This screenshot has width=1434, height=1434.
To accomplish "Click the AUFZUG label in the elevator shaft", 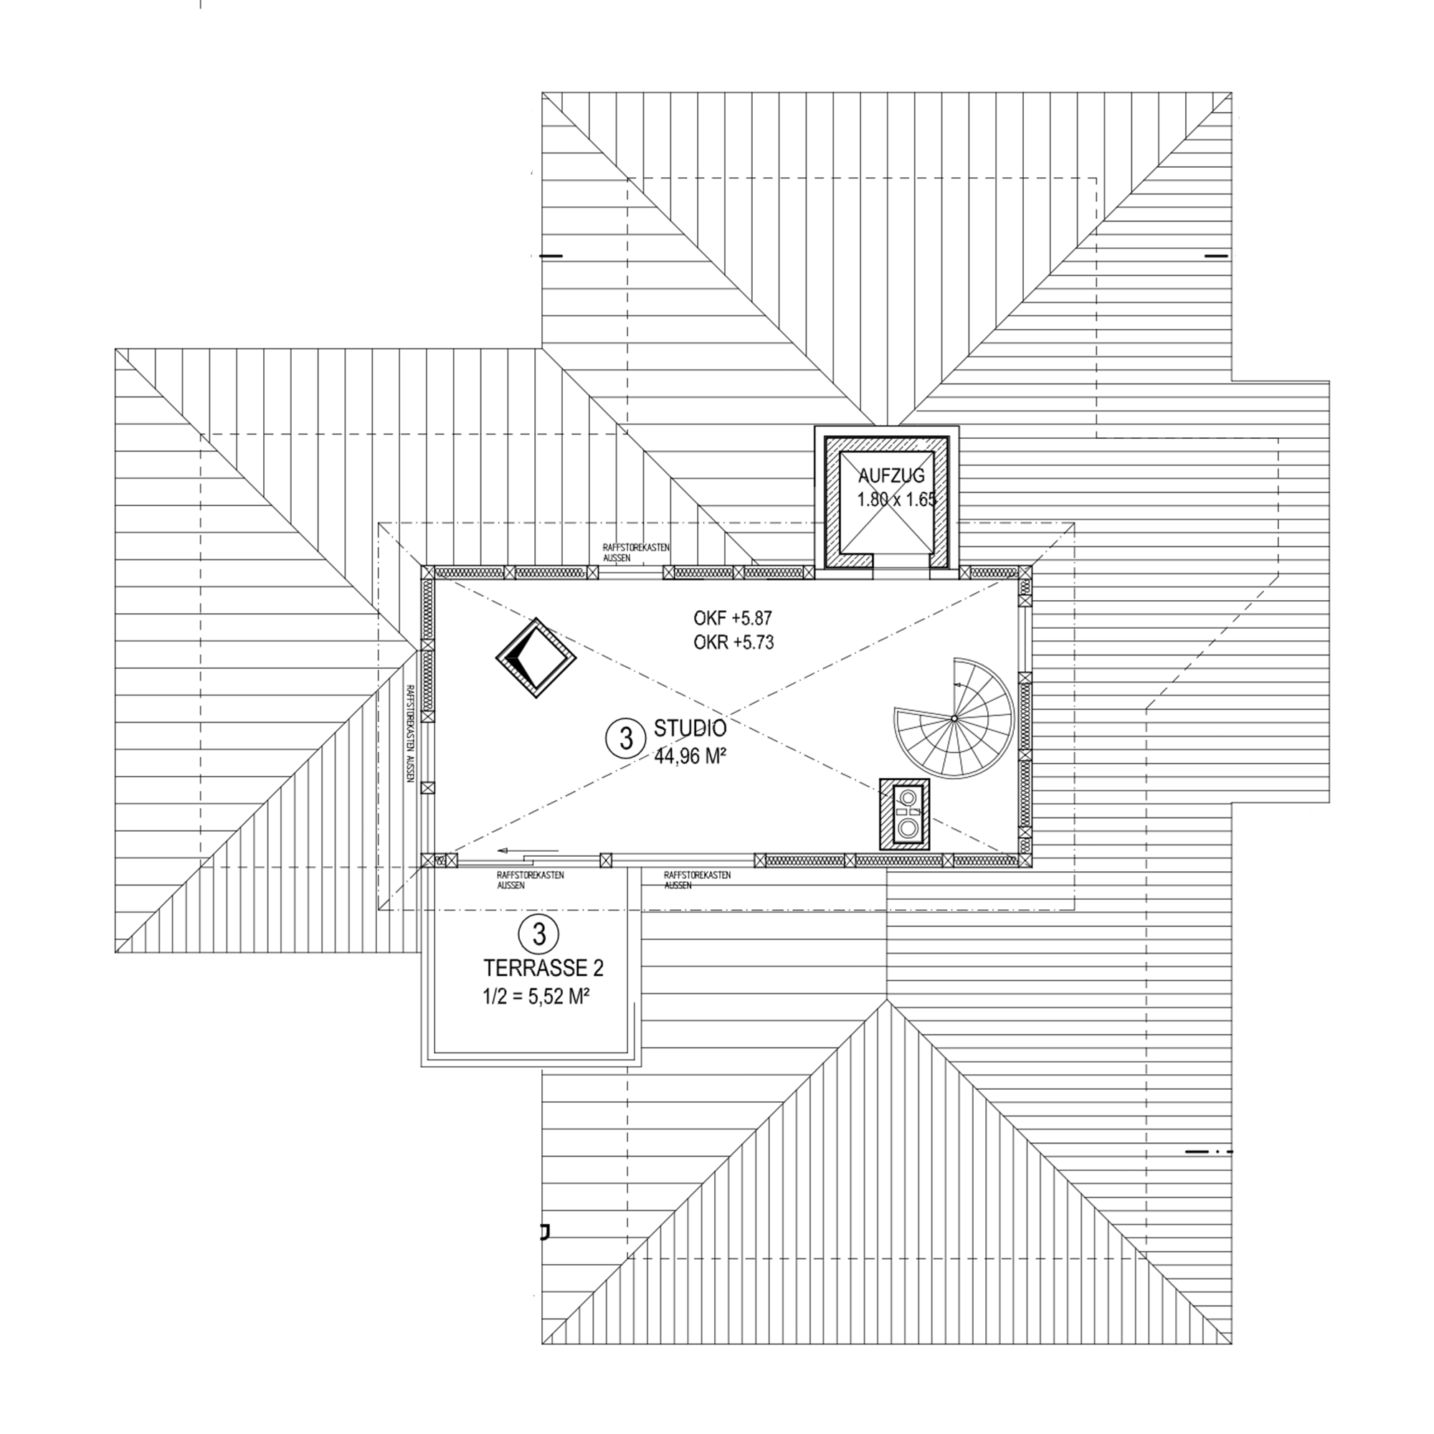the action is (891, 476).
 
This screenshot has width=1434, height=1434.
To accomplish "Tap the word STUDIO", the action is (690, 726).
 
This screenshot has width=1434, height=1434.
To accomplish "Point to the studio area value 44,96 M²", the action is (690, 756).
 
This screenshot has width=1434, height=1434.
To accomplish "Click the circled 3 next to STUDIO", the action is (626, 739).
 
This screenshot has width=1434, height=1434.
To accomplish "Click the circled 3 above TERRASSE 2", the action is (539, 933).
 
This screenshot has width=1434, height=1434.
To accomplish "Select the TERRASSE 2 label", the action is (543, 968).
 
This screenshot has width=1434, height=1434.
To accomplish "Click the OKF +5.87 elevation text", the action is (733, 617).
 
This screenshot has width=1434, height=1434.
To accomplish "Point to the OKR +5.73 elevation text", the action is (733, 642).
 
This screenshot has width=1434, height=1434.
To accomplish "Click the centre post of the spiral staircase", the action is (954, 718).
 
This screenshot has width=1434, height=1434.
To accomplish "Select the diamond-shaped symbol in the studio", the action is (536, 657).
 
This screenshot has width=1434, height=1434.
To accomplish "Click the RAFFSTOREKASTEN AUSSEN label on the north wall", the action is (636, 551).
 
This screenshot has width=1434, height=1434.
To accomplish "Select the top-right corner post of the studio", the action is (1025, 571).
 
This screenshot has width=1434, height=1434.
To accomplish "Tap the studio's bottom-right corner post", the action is (1025, 860).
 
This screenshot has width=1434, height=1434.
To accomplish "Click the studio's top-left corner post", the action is (428, 572).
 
